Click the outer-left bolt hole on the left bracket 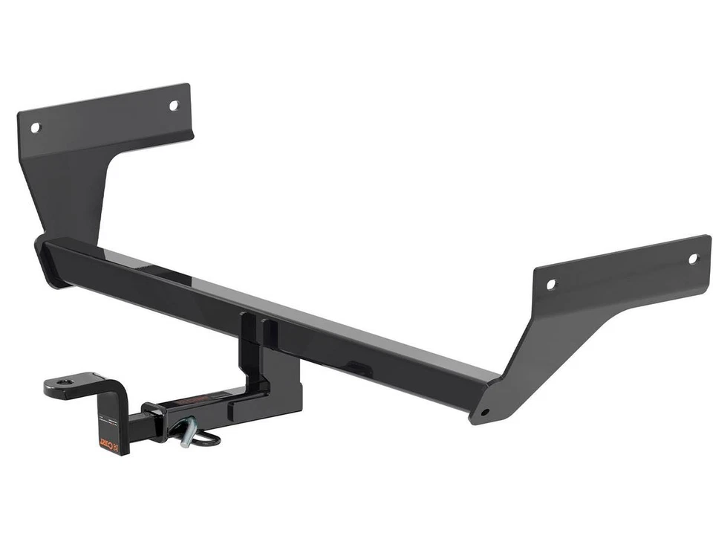34,127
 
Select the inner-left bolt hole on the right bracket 550,284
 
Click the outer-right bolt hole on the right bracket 693,259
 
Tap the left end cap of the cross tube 46,260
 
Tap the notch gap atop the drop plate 255,327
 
